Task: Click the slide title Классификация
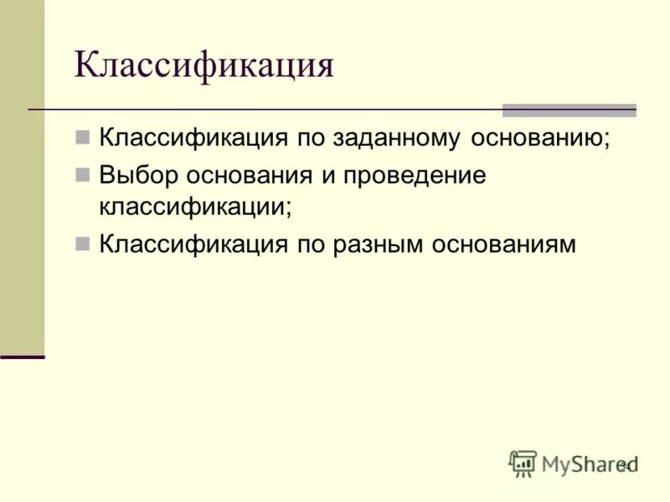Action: tap(204, 65)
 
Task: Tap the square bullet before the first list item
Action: tap(82, 136)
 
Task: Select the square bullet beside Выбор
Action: tap(82, 176)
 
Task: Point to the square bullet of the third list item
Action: tap(82, 243)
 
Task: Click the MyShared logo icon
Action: tap(523, 464)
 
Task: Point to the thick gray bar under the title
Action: tap(569, 110)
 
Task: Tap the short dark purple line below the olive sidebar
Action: tap(23, 357)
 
